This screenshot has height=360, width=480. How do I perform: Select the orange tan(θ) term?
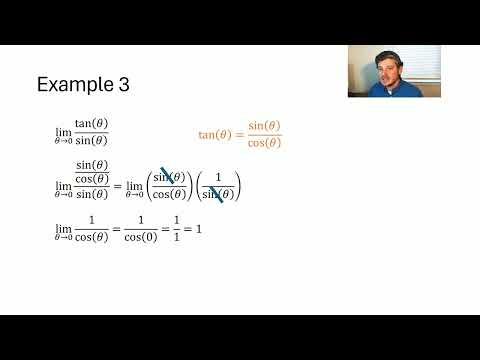217,135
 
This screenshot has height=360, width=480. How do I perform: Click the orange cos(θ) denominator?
264,143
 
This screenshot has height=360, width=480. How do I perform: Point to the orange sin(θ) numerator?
264,127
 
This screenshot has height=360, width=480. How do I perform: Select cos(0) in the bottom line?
149,236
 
